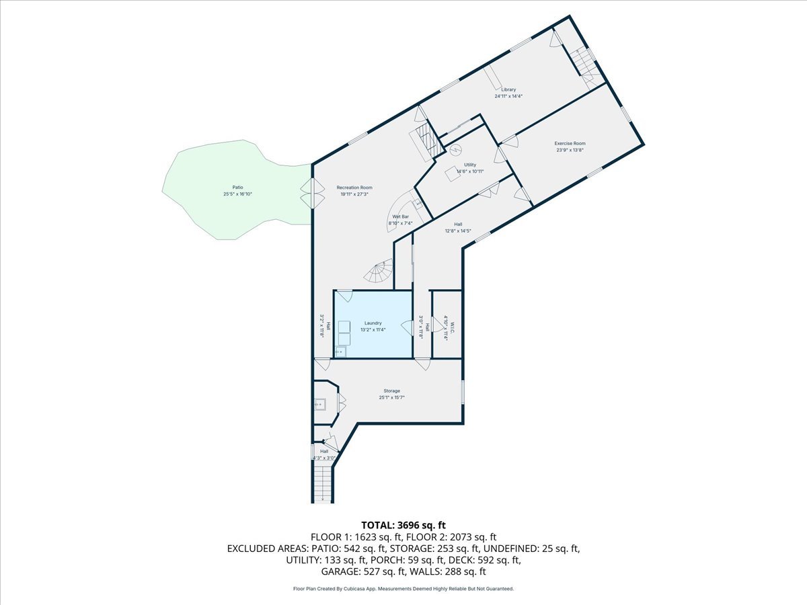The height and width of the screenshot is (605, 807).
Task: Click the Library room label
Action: tap(508, 89)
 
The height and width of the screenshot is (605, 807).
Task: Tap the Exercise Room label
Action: tap(570, 143)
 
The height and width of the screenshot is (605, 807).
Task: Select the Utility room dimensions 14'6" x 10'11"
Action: tap(470, 171)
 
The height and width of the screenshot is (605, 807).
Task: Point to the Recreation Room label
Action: tap(356, 188)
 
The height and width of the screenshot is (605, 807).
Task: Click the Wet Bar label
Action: tap(401, 216)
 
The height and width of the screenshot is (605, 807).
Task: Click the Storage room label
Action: tap(392, 391)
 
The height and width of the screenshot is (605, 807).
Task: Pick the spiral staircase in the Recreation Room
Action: tap(379, 272)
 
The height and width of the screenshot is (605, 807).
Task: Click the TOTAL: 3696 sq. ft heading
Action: tap(403, 525)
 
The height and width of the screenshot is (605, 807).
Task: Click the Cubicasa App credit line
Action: tap(403, 589)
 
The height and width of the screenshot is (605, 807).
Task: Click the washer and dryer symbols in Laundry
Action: tap(344, 327)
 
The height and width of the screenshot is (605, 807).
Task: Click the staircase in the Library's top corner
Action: tap(584, 64)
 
